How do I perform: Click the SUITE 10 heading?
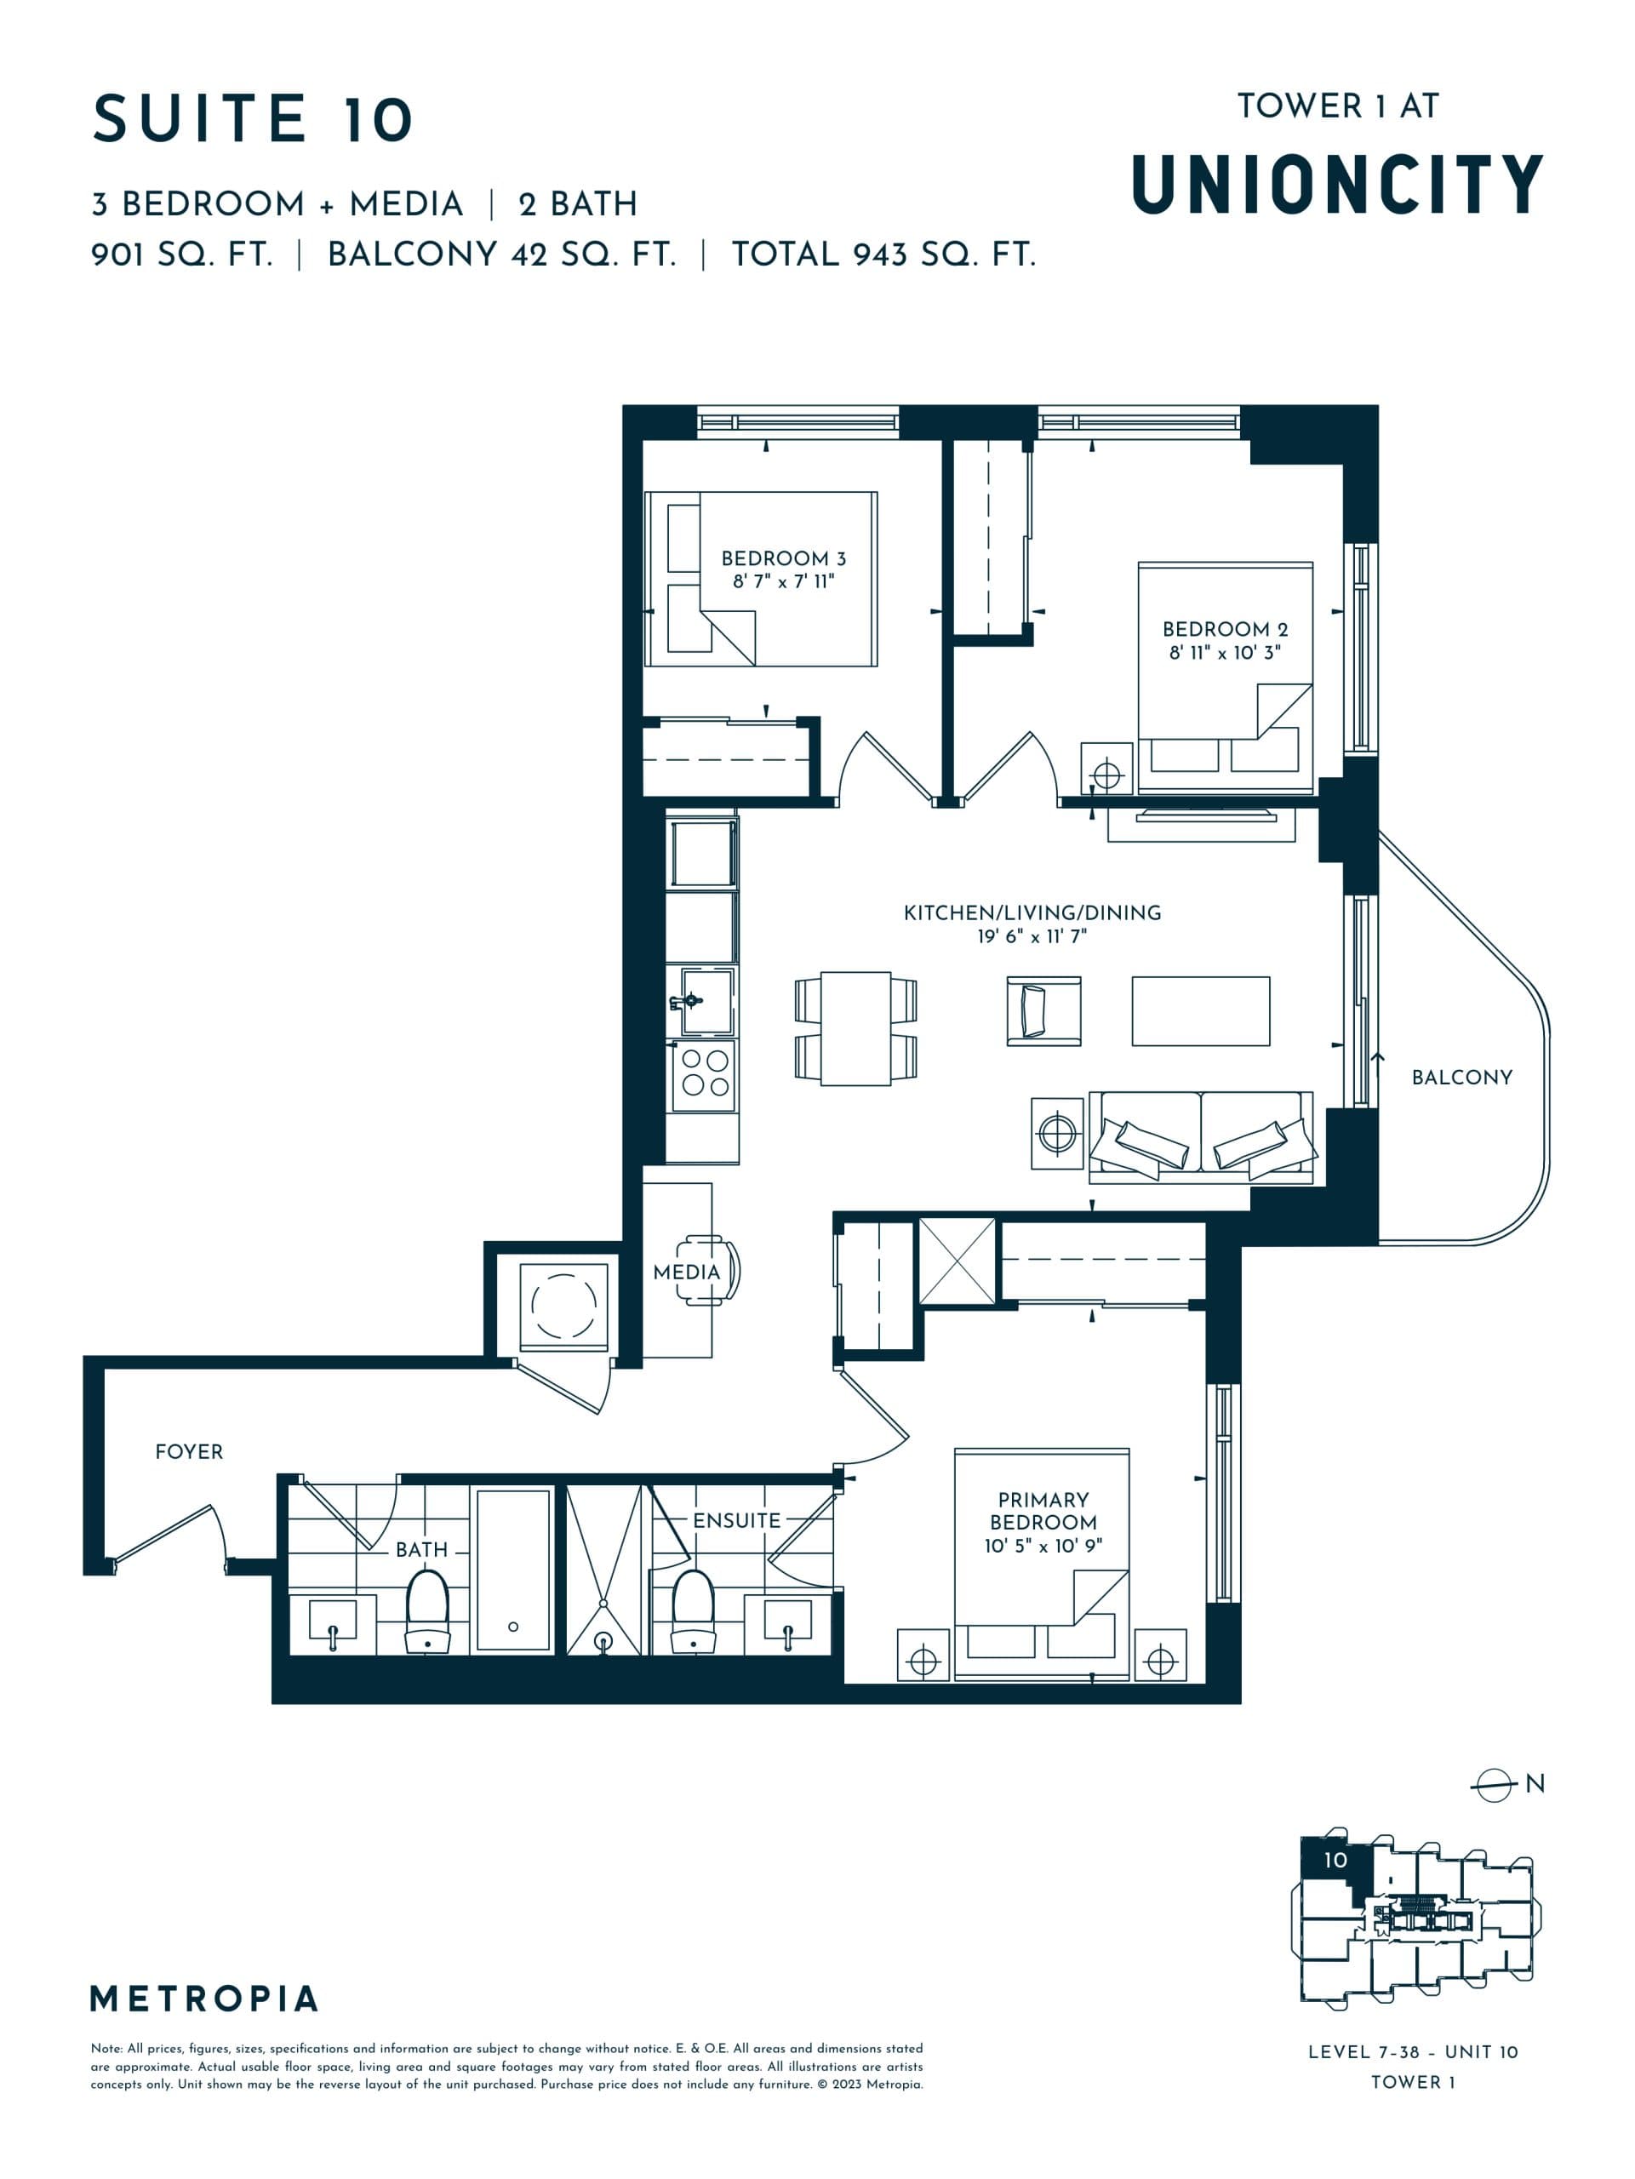pyautogui.click(x=252, y=119)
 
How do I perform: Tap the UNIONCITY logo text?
pyautogui.click(x=1336, y=186)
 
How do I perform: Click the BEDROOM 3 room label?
pyautogui.click(x=783, y=558)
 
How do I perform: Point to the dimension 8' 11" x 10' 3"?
pyautogui.click(x=1224, y=652)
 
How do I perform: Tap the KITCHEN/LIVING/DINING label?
pyautogui.click(x=1032, y=913)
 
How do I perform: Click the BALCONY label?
pyautogui.click(x=1461, y=1078)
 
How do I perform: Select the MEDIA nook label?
pyautogui.click(x=687, y=1273)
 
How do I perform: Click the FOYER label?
pyautogui.click(x=189, y=1452)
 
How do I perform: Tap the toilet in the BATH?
pyautogui.click(x=427, y=1609)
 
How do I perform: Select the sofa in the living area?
pyautogui.click(x=1201, y=1137)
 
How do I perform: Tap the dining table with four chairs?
pyautogui.click(x=855, y=1028)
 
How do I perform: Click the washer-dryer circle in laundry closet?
pyautogui.click(x=563, y=1305)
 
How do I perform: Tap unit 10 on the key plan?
pyautogui.click(x=1335, y=1860)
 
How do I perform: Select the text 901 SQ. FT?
pyautogui.click(x=181, y=255)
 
